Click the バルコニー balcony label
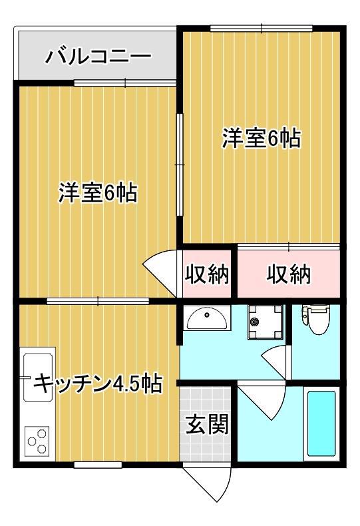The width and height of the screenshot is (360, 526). (x=98, y=57)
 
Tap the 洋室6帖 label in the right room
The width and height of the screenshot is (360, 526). (x=262, y=138)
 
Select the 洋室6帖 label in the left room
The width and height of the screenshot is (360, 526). (x=98, y=192)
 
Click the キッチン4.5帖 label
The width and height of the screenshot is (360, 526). (x=98, y=384)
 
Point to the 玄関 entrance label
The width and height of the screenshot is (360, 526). (x=207, y=424)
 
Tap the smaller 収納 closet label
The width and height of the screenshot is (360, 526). (x=207, y=274)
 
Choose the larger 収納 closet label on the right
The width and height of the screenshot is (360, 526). (x=289, y=274)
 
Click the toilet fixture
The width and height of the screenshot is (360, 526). (x=316, y=320)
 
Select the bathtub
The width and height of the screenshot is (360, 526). (x=321, y=423)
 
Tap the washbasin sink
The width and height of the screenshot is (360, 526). (x=207, y=318)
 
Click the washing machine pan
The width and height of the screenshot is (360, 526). (x=265, y=322)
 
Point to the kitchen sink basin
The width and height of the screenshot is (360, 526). (x=38, y=377)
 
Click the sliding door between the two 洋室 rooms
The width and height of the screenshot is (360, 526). (x=180, y=165)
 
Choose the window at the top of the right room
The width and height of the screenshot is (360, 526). (x=262, y=28)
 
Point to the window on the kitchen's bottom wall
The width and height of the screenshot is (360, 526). (x=98, y=465)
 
